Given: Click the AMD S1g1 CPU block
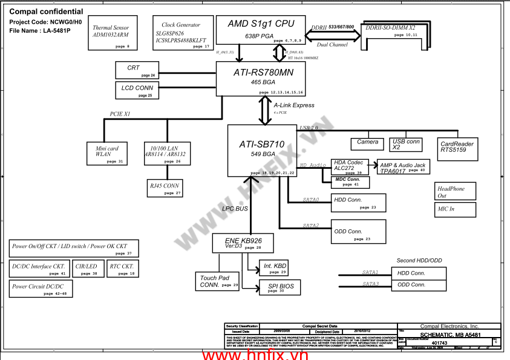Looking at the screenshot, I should coord(261,30).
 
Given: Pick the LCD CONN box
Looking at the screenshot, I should coord(137,90).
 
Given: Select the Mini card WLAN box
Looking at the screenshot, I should coord(107,153).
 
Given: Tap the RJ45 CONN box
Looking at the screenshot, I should coord(165,188).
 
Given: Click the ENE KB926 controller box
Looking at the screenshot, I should coord(243,243).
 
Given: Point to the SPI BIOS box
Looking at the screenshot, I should coord(280,287).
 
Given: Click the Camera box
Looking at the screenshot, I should coord(367,144).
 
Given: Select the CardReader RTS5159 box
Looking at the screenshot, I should coord(458,147).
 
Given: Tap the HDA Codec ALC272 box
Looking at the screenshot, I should coord(350,166).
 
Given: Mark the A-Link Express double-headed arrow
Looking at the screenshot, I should coord(265,110).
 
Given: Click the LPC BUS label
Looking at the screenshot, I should coord(235,209).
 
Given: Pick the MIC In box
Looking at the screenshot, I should coord(455,209).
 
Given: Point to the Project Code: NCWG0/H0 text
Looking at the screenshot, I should coord(45,22).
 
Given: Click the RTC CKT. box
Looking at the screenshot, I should coord(123,269).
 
